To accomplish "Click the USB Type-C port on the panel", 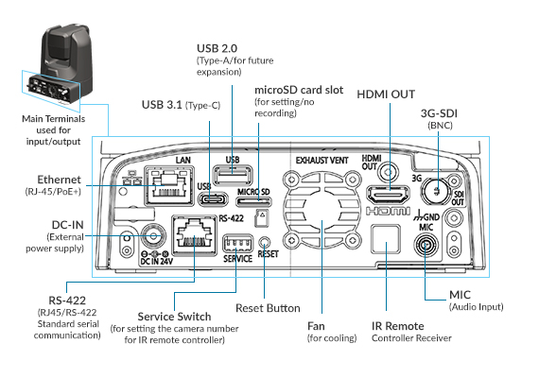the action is click(x=214, y=199).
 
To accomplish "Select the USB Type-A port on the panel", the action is click(x=233, y=175).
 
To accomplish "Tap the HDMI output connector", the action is click(x=389, y=196).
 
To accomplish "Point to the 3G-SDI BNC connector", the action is click(x=436, y=191).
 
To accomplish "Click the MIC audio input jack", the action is click(x=426, y=246).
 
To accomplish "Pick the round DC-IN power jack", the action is click(x=153, y=236).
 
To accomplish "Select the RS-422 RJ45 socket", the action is click(x=195, y=235).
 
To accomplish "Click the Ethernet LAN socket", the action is click(x=169, y=185).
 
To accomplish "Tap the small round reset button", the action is click(x=264, y=242).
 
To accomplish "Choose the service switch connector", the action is click(x=238, y=243).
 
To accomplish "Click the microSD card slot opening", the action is click(x=253, y=201).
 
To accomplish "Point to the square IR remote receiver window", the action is click(x=386, y=239).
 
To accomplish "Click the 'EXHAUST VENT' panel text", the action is click(x=322, y=161).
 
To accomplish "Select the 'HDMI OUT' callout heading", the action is click(x=386, y=94).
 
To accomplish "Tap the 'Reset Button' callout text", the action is click(x=268, y=308).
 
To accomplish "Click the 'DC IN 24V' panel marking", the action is click(x=157, y=261).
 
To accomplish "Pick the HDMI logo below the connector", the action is click(x=388, y=211).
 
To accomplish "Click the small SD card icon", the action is click(x=262, y=218).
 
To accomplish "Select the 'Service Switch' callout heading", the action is click(x=174, y=317).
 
